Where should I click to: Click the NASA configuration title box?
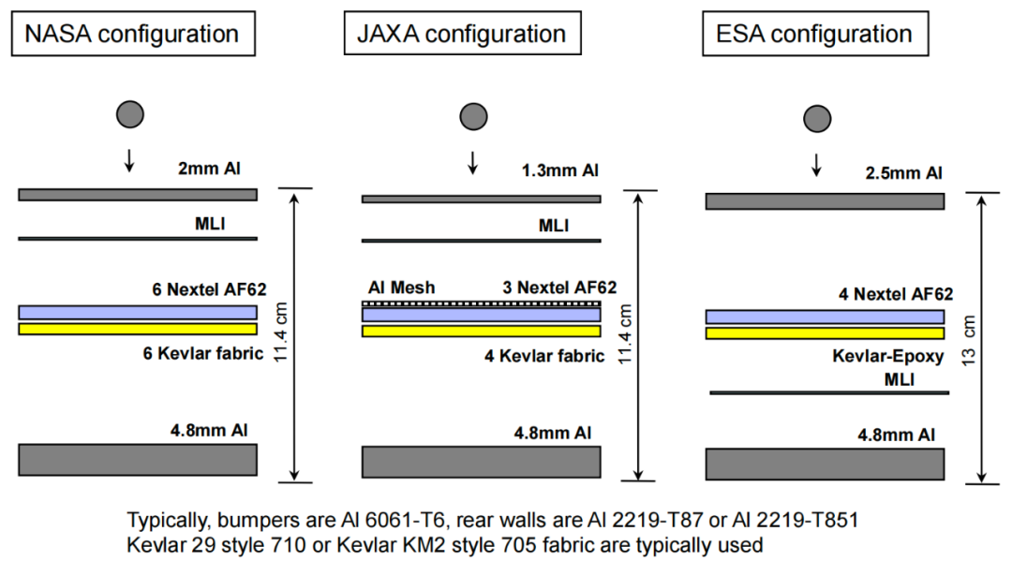pyautogui.click(x=132, y=35)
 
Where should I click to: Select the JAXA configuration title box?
pyautogui.click(x=461, y=35)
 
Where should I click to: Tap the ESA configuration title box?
pyautogui.click(x=814, y=35)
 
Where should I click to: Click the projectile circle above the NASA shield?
pyautogui.click(x=129, y=114)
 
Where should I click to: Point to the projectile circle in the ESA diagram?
pyautogui.click(x=817, y=118)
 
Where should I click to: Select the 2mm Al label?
pyautogui.click(x=212, y=170)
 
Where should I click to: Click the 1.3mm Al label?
pyautogui.click(x=558, y=171)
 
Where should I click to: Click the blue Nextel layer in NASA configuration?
pyautogui.click(x=138, y=313)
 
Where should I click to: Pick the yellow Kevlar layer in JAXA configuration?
pyautogui.click(x=481, y=331)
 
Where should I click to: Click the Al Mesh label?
pyautogui.click(x=400, y=288)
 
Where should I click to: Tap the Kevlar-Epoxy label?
pyautogui.click(x=886, y=357)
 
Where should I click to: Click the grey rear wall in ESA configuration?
pyautogui.click(x=825, y=464)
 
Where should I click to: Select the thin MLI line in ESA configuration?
pyautogui.click(x=829, y=392)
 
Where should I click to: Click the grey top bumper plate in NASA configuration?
pyautogui.click(x=138, y=195)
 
